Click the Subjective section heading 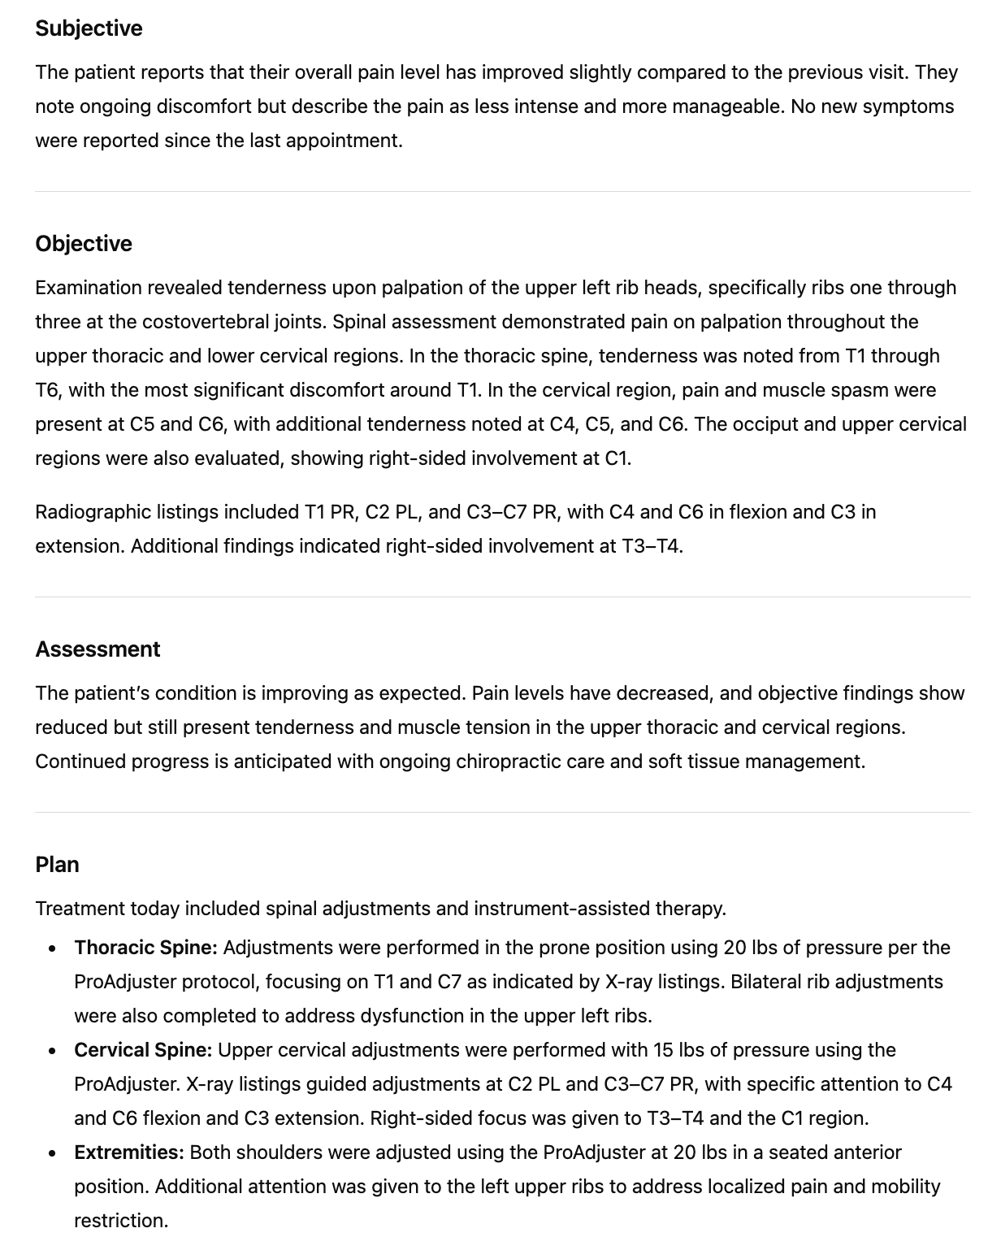89,28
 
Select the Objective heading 84,244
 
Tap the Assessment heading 97,649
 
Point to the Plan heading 57,865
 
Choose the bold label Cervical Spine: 143,1050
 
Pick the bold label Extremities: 129,1152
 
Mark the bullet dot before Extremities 53,1153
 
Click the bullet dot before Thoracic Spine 53,948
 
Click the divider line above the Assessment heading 502,597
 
